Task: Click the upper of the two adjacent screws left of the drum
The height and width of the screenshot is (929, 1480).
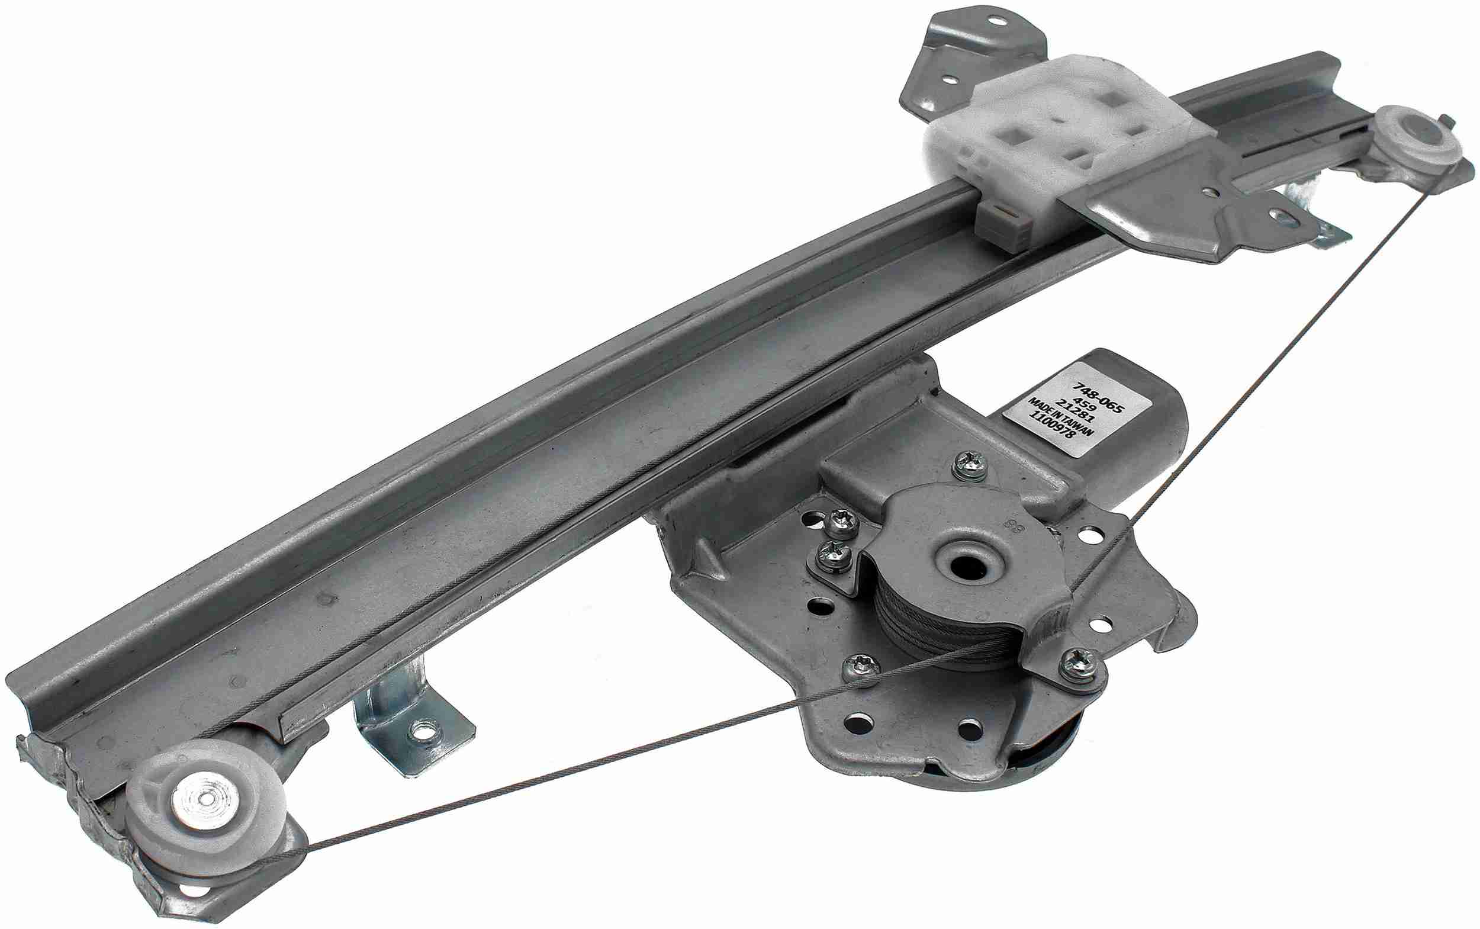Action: tap(836, 522)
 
